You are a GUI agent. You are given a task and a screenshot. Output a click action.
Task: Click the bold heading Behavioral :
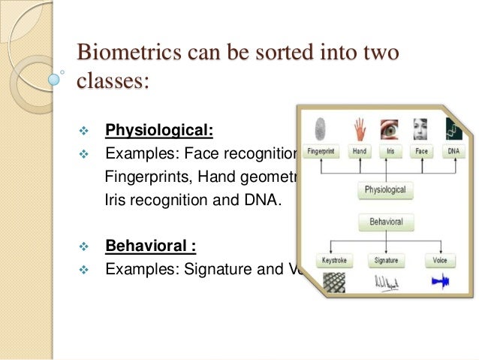(154, 246)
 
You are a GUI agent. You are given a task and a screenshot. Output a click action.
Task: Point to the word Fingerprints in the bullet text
(140, 178)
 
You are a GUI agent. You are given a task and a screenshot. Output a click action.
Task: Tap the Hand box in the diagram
(360, 151)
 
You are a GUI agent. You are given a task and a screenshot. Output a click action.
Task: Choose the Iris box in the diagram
(390, 151)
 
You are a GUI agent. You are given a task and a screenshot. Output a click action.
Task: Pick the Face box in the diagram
(420, 151)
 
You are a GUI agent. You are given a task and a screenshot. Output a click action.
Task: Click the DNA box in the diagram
(453, 151)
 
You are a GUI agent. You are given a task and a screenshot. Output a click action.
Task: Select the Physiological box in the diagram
(384, 191)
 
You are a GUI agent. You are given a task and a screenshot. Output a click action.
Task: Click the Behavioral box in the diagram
(385, 222)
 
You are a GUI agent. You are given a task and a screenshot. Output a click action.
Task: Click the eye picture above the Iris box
(389, 129)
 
